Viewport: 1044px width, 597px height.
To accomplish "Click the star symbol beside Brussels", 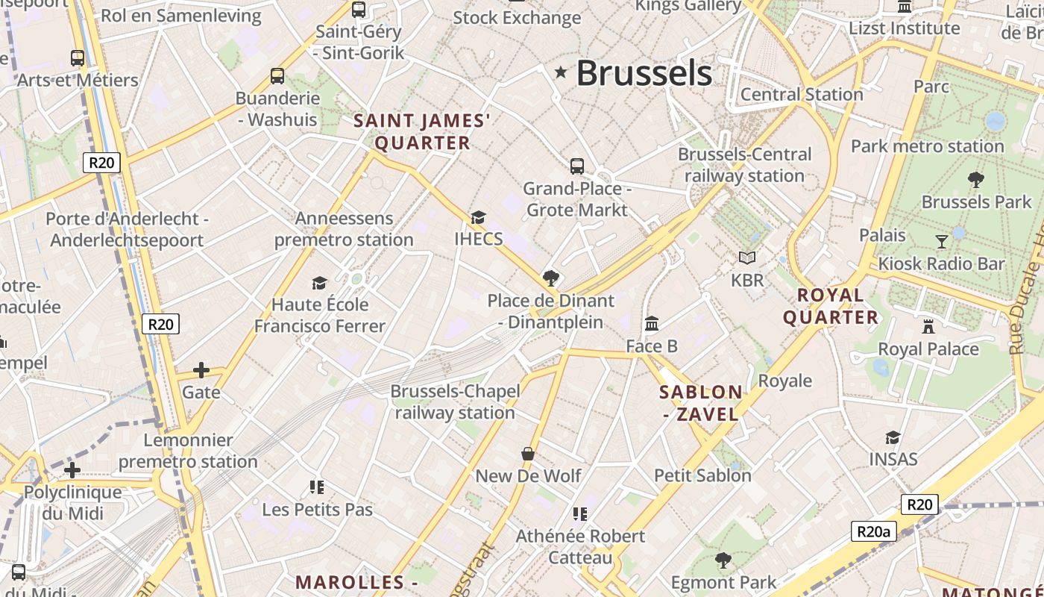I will coord(561,72).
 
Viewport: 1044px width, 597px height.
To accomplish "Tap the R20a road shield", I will coord(873,531).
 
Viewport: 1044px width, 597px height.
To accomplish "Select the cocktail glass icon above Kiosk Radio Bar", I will coord(942,241).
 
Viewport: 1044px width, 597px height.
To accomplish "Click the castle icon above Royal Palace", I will coord(928,327).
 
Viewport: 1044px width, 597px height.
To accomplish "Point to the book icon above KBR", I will coord(747,258).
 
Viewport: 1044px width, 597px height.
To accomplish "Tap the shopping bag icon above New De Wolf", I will coord(528,454).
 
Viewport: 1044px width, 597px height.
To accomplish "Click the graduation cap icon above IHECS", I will coord(478,217).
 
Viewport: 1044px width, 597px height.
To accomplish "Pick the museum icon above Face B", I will coord(652,324).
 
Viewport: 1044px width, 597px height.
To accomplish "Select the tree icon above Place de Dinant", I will coord(551,278).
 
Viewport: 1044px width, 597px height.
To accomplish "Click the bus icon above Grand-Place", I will coord(576,166).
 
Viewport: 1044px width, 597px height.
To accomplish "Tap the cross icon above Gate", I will coord(201,370).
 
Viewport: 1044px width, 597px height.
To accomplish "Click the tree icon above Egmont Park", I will coord(723,560).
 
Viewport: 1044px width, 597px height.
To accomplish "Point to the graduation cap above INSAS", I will coord(893,437).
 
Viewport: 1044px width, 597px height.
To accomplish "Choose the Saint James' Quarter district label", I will coord(422,131).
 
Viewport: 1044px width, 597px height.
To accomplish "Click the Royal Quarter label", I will coord(830,306).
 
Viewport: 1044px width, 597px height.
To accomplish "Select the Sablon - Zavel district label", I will coord(701,403).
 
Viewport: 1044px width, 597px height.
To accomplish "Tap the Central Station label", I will coord(802,95).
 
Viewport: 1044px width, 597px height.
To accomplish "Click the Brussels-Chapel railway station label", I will coord(455,401).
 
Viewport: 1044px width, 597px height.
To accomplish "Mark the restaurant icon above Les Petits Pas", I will coord(317,487).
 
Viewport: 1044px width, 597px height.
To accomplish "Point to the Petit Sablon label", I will coord(702,475).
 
